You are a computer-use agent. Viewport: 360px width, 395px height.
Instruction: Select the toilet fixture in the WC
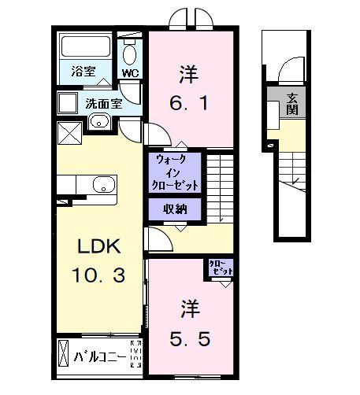(x=130, y=52)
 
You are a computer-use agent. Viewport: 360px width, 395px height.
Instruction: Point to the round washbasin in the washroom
(x=98, y=120)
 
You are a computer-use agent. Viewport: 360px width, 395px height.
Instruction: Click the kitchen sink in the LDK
(x=102, y=185)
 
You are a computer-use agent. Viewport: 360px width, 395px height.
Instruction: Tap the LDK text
(x=98, y=246)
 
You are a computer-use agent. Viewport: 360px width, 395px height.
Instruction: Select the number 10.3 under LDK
(x=98, y=275)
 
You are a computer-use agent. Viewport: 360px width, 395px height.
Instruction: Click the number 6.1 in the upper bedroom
(x=190, y=102)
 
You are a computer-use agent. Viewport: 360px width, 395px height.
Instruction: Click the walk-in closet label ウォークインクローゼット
(x=175, y=172)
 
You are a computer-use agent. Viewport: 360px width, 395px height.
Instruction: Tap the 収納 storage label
(x=175, y=209)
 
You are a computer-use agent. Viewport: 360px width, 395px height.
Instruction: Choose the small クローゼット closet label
(x=221, y=268)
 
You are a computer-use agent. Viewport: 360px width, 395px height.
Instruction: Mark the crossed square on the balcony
(x=64, y=356)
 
